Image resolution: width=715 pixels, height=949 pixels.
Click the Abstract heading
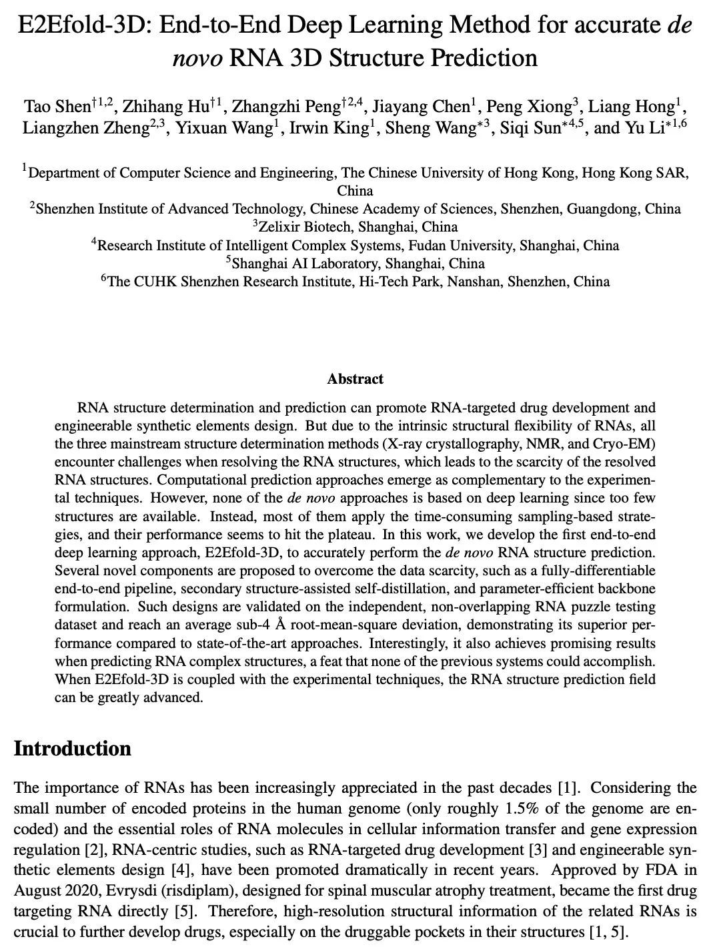[355, 379]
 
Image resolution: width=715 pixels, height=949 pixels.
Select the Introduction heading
[72, 748]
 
